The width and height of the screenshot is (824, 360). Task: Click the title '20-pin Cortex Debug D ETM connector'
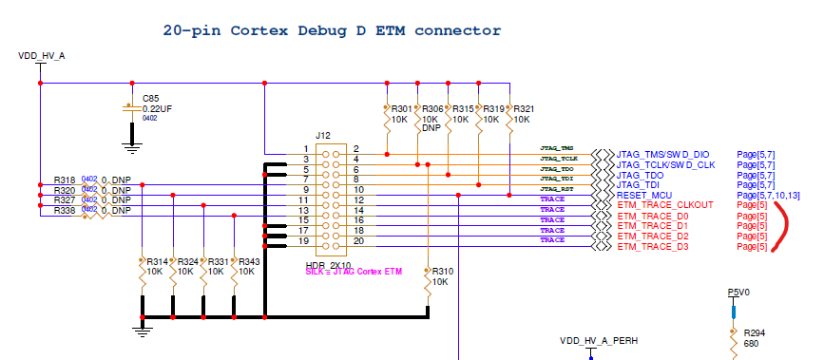[332, 30]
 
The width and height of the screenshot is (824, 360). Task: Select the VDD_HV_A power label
[42, 57]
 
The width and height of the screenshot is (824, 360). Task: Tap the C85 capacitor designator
[151, 98]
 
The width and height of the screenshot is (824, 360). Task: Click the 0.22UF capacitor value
[157, 108]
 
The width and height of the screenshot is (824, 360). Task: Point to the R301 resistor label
[402, 109]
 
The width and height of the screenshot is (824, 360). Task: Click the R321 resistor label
[524, 109]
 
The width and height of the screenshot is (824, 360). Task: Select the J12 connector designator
[323, 136]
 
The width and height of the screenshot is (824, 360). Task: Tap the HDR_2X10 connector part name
[327, 264]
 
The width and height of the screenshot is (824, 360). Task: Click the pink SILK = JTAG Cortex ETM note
[355, 273]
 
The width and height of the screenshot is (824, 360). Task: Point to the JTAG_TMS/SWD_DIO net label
[662, 154]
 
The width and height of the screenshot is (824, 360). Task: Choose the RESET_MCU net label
[646, 196]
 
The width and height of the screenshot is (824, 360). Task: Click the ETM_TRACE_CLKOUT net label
[666, 206]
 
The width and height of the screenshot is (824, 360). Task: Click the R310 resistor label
[443, 272]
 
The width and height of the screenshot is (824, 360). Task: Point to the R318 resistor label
[65, 180]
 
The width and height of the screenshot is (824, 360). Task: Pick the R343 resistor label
[249, 261]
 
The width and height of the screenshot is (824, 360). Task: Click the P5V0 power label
[738, 294]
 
